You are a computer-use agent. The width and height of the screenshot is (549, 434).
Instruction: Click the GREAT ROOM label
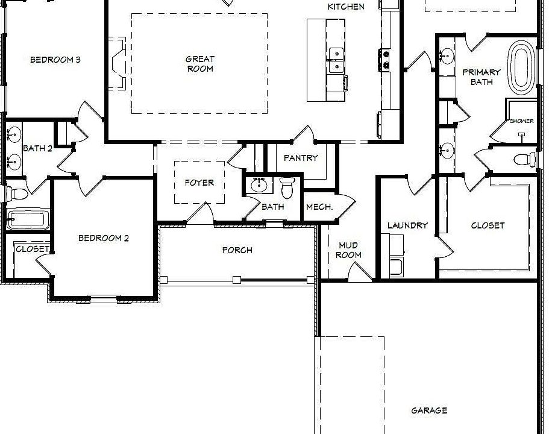pos(199,64)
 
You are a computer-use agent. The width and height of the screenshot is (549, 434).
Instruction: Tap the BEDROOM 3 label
pos(55,60)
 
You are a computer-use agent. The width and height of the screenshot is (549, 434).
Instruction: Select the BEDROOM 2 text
pos(104,238)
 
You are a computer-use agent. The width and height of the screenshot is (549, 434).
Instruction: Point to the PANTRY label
pos(300,159)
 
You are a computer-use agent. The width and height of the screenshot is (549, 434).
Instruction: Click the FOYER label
pos(199,183)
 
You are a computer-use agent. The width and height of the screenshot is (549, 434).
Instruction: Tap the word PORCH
pos(237,250)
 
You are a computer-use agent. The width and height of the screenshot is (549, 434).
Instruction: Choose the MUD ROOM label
pos(348,250)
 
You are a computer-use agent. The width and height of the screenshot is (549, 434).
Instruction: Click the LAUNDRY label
pos(407,225)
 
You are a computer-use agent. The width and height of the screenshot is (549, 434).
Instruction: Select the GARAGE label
pos(429,410)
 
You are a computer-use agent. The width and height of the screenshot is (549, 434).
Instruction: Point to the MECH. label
pos(319,207)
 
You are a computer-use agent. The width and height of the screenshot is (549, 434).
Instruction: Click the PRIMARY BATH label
pos(482,77)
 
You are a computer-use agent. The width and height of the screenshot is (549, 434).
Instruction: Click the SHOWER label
pos(522,121)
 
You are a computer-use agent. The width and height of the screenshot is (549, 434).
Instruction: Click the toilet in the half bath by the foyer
pos(288,188)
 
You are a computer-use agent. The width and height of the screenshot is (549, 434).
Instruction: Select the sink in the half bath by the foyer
pos(257,184)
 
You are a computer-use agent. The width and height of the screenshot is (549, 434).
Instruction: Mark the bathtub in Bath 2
pos(27,219)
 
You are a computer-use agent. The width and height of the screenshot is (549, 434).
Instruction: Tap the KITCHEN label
pos(346,7)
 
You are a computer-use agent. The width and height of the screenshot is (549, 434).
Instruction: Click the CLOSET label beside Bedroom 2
pos(33,249)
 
